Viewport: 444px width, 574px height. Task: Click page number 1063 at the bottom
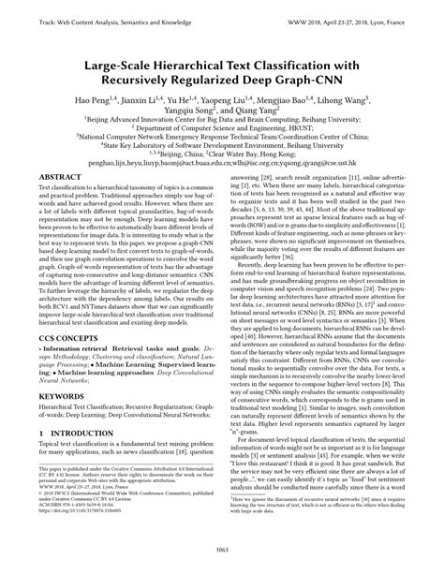(x=222, y=558)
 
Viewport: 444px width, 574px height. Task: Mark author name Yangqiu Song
(x=195, y=110)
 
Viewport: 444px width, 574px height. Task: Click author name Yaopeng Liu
(x=229, y=97)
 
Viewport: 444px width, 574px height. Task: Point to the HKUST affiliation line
(x=223, y=131)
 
